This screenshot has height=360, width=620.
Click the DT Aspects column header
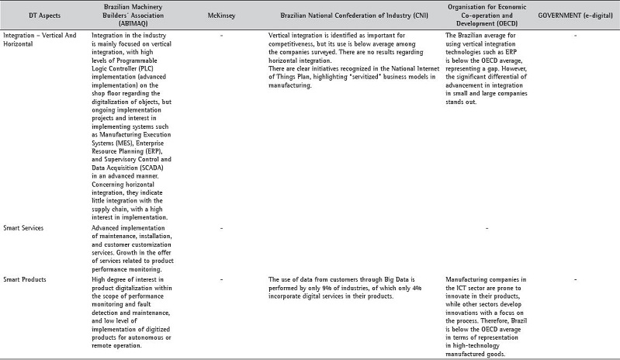point(30,15)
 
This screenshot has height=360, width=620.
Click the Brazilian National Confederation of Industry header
point(352,15)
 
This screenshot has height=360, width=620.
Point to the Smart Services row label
point(23,228)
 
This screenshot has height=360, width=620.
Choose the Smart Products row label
point(24,279)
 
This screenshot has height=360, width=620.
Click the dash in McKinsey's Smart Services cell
point(222,228)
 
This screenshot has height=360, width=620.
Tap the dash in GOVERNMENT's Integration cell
point(575,36)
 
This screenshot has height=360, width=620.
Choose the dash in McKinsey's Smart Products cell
point(222,279)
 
